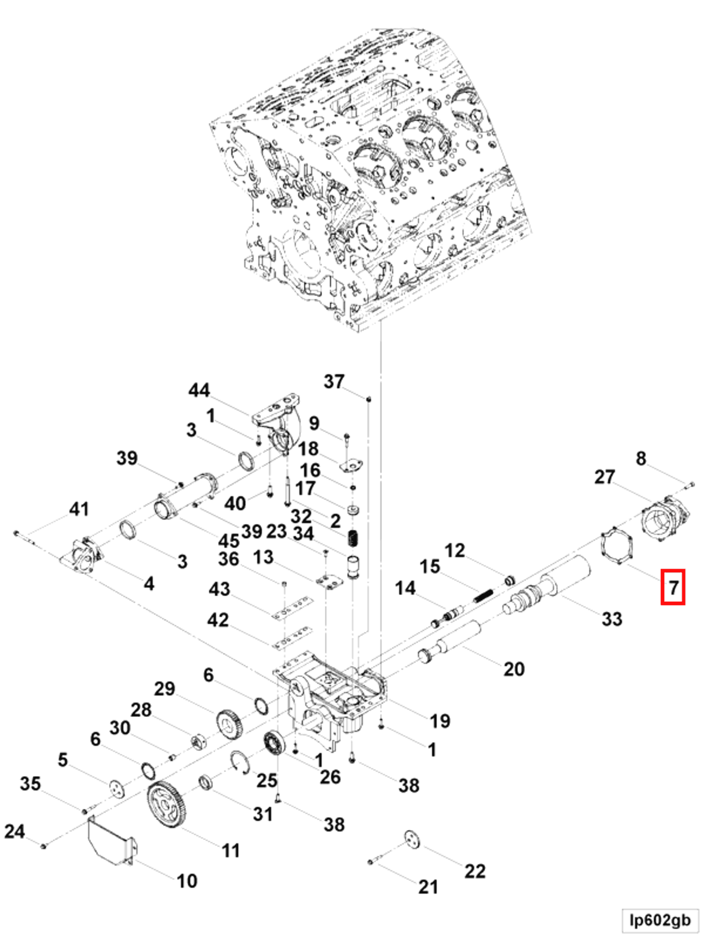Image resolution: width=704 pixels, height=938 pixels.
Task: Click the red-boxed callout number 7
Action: (x=673, y=587)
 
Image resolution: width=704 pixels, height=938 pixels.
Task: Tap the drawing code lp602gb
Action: (x=660, y=920)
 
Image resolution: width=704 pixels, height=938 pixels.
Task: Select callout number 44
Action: (x=199, y=390)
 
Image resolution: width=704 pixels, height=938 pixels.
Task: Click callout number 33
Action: (x=611, y=618)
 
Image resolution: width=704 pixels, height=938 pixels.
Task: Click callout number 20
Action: (x=514, y=669)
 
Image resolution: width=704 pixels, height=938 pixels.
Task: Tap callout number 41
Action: (x=79, y=508)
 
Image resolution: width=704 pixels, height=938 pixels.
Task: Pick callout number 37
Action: (x=334, y=381)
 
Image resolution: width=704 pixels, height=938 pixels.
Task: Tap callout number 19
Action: (x=440, y=721)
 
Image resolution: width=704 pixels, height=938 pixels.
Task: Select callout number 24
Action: (x=14, y=832)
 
